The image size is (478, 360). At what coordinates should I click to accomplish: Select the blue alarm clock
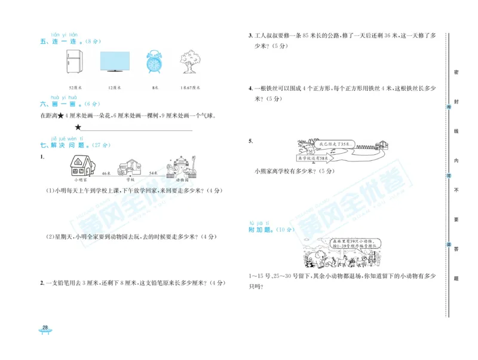tap(154, 62)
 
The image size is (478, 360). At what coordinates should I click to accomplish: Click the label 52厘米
tap(75, 87)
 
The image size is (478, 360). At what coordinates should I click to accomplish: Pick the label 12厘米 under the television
tap(114, 87)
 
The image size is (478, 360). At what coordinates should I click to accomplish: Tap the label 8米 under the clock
tap(155, 87)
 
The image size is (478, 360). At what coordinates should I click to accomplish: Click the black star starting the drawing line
tap(78, 127)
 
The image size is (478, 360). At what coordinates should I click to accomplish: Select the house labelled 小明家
tap(82, 165)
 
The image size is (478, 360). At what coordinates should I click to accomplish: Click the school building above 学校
tap(129, 167)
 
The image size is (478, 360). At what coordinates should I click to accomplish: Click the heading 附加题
tap(263, 230)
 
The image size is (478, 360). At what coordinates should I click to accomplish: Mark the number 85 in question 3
tap(307, 36)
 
